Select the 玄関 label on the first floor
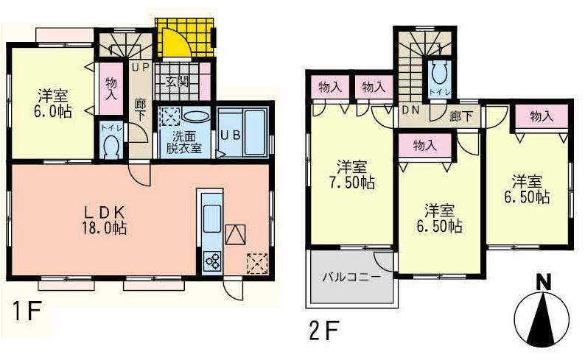[x=176, y=81]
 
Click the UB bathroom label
[x=228, y=135]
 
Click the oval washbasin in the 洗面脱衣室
[x=195, y=116]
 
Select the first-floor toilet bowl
[x=112, y=146]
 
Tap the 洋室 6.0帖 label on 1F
[x=52, y=103]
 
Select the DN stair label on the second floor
[x=410, y=111]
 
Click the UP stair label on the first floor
[x=140, y=67]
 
